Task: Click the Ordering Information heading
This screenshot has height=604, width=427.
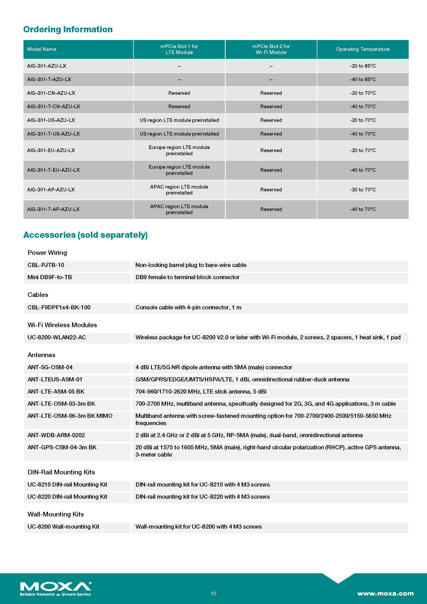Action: tap(68, 29)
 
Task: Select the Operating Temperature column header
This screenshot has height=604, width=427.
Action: tap(362, 49)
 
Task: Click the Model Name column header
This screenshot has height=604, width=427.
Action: tap(42, 49)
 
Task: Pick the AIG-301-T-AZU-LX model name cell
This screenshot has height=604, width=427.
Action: tap(49, 80)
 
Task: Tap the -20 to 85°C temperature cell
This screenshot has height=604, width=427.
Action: tap(362, 66)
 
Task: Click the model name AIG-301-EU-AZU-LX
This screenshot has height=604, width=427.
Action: tap(51, 151)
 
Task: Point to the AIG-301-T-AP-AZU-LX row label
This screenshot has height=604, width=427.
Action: tap(53, 209)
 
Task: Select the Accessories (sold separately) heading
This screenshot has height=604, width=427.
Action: tap(85, 235)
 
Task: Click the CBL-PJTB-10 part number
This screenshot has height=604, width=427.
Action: tap(46, 265)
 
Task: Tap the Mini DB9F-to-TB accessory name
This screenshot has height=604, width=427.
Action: tap(50, 277)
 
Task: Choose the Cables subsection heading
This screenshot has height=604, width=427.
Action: tap(38, 295)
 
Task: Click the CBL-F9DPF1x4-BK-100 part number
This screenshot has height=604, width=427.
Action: tap(59, 308)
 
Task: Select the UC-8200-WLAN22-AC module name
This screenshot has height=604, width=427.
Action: tap(57, 338)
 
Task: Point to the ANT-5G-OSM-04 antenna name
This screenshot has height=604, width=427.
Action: tap(50, 367)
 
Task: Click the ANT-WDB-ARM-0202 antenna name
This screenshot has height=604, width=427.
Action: tap(56, 435)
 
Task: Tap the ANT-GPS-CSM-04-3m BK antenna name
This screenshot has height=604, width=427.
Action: tap(62, 448)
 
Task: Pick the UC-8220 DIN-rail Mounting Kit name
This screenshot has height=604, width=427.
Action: tap(67, 497)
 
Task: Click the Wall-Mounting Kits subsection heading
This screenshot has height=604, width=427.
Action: tap(56, 514)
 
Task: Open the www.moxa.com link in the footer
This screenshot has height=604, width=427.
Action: tap(385, 593)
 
